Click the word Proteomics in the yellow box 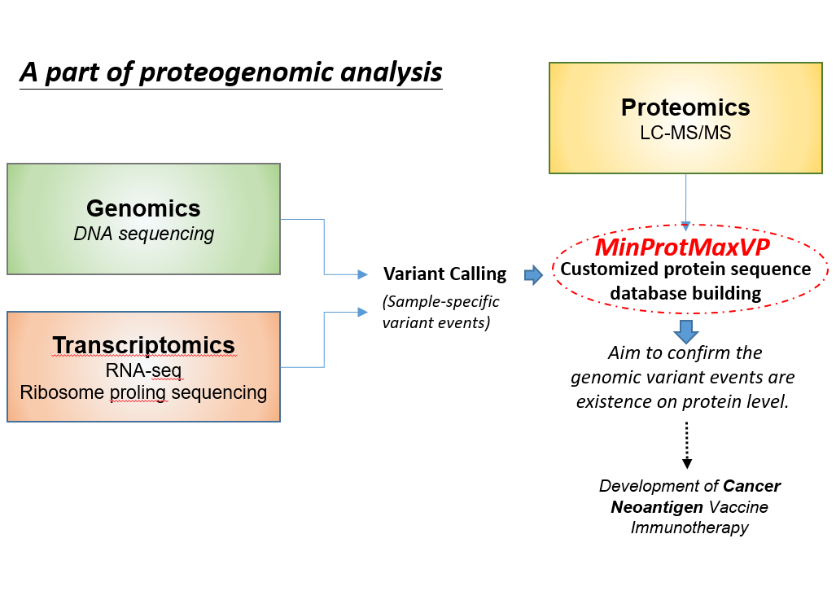[685, 107]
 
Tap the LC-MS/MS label [685, 132]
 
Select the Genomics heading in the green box [143, 208]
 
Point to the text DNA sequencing [143, 234]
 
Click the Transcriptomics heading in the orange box [143, 345]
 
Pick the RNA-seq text [143, 370]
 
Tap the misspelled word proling [138, 392]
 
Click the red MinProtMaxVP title [682, 247]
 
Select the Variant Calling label [444, 274]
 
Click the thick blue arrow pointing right [533, 275]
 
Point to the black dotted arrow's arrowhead [687, 463]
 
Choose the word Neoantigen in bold [657, 506]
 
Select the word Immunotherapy [689, 528]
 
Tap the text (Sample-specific [441, 302]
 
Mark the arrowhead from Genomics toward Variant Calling [362, 274]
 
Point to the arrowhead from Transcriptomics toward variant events [362, 312]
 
